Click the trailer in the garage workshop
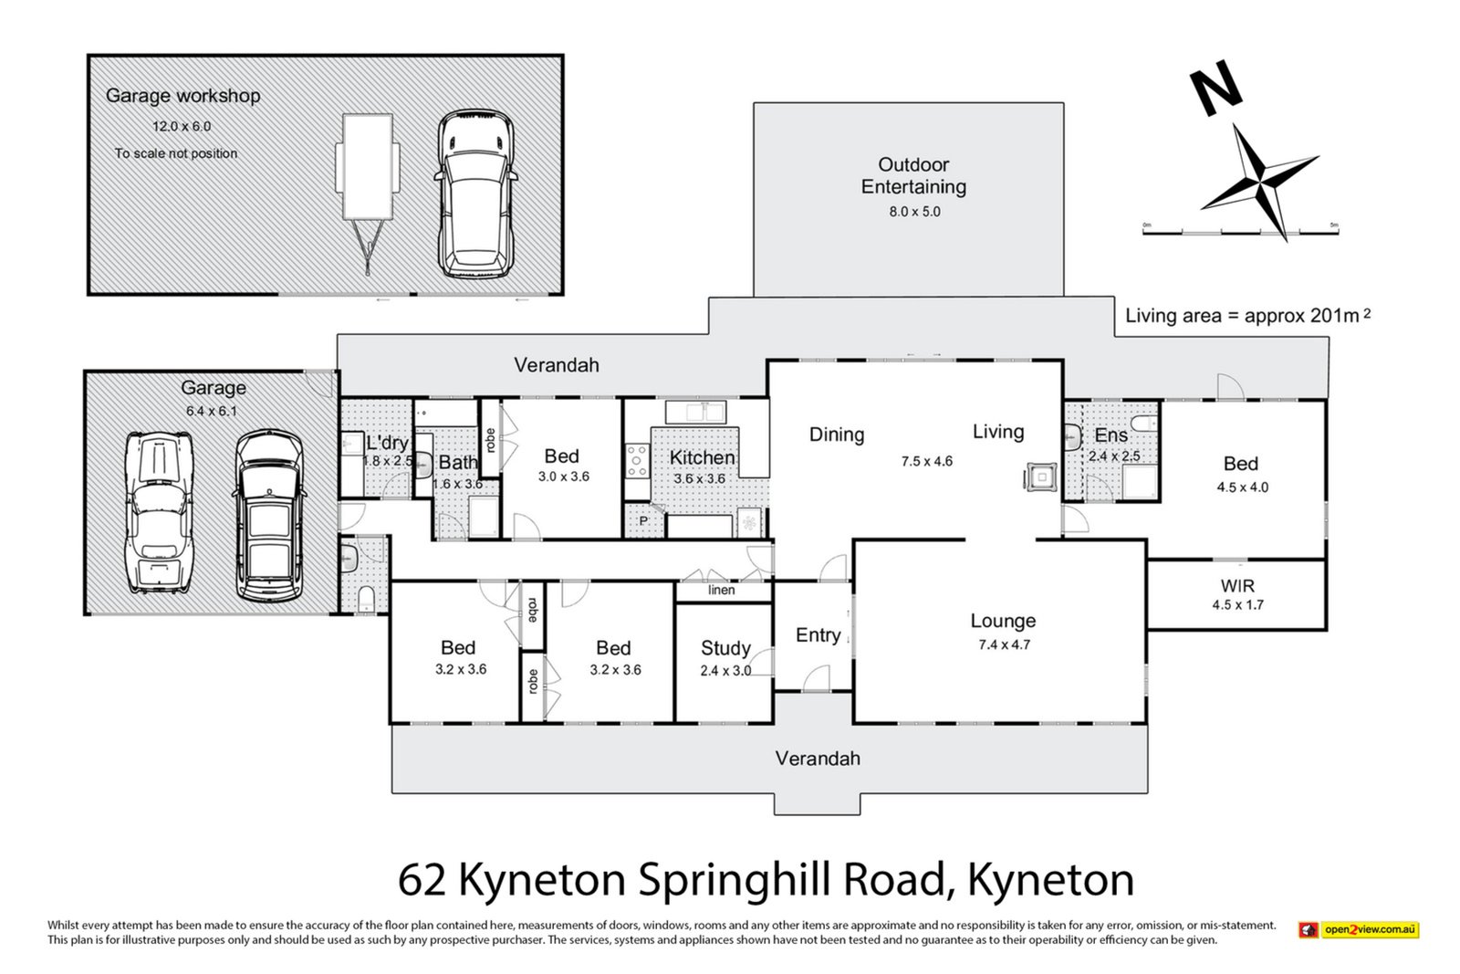[368, 182]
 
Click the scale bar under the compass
[1240, 232]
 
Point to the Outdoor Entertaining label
[912, 175]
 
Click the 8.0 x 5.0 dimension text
[914, 212]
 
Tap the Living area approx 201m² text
[1246, 316]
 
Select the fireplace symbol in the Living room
[1039, 477]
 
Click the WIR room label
[1236, 586]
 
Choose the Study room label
[725, 648]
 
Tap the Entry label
[818, 635]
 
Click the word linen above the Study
[721, 591]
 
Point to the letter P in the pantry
[642, 521]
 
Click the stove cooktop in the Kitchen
[636, 460]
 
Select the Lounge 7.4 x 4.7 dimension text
[1004, 644]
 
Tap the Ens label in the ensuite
[1111, 435]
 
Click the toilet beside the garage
[366, 599]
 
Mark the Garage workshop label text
[182, 96]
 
